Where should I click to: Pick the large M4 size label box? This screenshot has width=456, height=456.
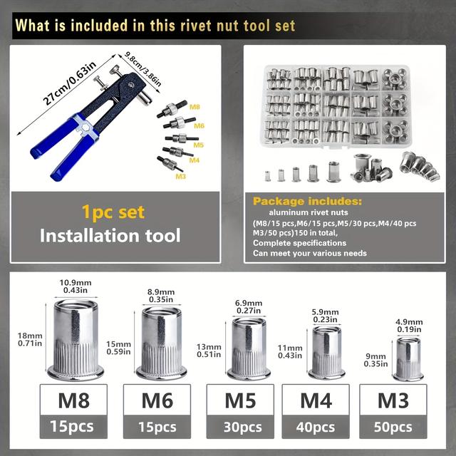point(316,400)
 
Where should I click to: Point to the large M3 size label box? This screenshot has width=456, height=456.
point(393,400)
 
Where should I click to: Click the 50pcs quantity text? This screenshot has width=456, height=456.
point(393,427)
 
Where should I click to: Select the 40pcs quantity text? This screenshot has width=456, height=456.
point(316,427)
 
